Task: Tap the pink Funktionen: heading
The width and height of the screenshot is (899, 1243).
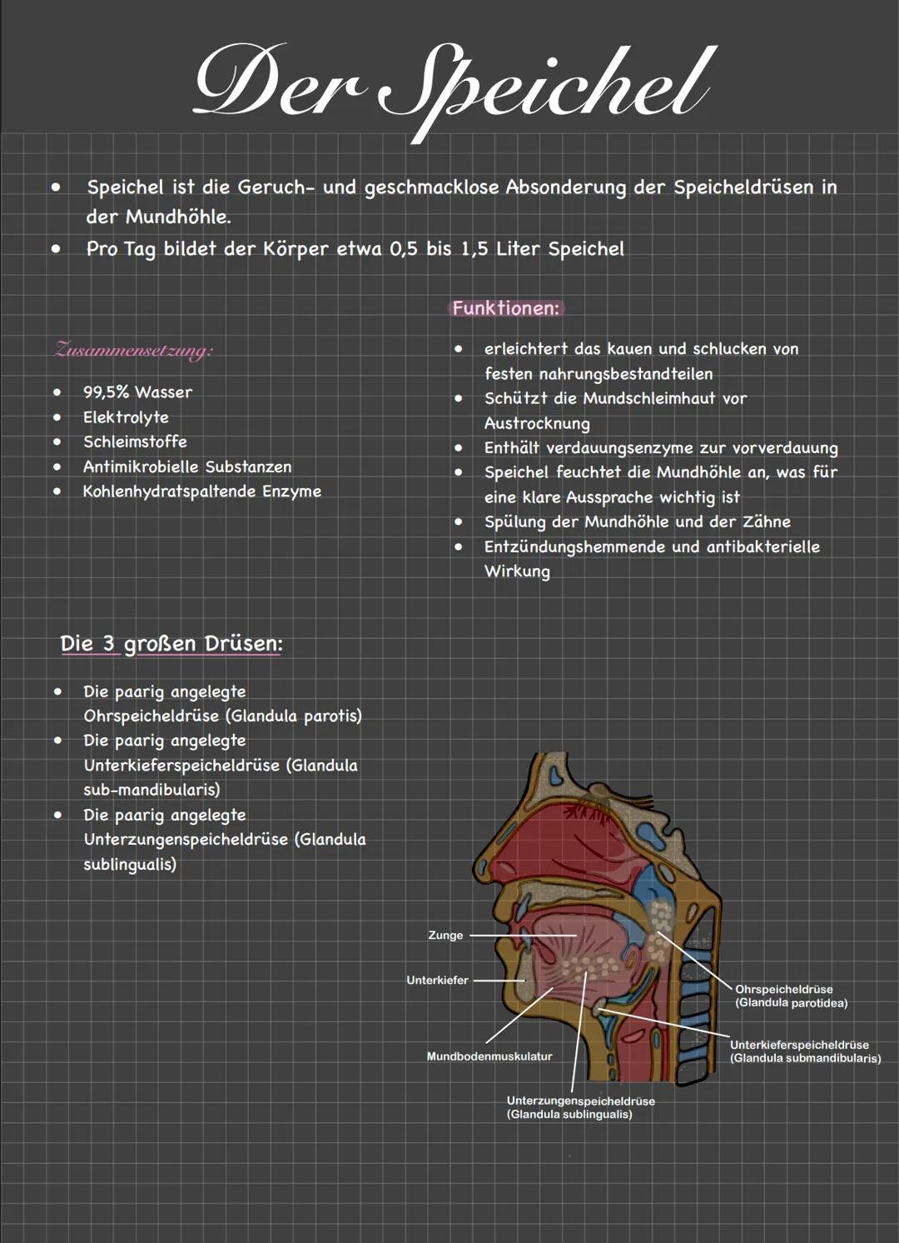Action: (505, 308)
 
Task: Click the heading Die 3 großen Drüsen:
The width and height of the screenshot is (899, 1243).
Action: (171, 644)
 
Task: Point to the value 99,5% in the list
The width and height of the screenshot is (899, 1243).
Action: (106, 392)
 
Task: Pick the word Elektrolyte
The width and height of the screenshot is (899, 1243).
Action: (126, 417)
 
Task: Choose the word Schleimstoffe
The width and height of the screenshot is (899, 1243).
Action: (135, 442)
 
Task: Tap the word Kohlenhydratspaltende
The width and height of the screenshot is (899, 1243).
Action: (169, 492)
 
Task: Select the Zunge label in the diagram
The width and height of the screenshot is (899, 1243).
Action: (445, 936)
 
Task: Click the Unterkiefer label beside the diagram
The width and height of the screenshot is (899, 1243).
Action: (437, 981)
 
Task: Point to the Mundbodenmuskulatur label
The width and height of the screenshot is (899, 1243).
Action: (489, 1056)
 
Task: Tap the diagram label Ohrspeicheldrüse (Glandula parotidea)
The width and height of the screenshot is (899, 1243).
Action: (791, 996)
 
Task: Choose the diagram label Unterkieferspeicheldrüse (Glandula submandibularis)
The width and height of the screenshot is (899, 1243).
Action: (804, 1051)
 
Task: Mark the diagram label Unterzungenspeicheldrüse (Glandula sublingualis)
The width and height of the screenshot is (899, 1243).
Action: (580, 1107)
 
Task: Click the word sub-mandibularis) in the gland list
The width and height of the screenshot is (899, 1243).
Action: (151, 790)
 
